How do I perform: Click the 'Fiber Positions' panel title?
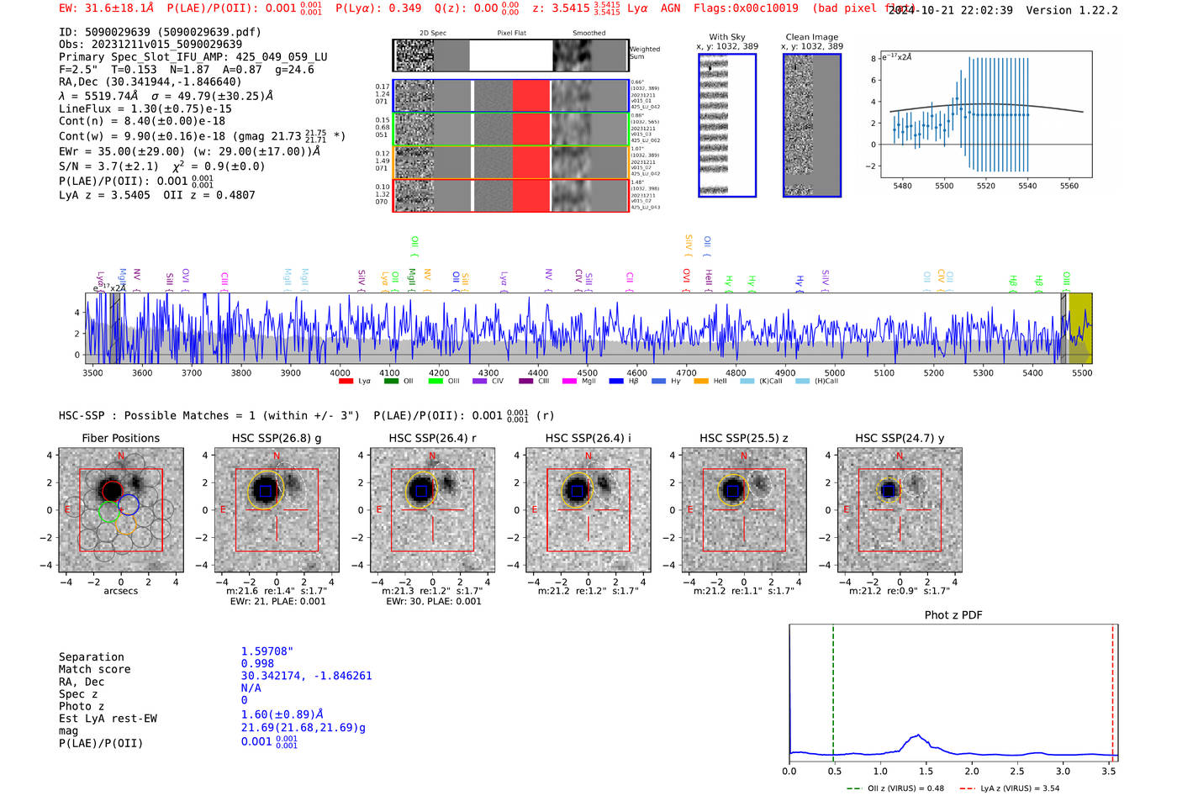120,438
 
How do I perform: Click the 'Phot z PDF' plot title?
953,615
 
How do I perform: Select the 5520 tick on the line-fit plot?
985,186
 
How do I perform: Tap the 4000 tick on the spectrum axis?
340,372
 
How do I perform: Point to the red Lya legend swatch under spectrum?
346,382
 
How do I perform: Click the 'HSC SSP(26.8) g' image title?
277,438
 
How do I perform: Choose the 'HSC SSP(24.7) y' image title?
900,438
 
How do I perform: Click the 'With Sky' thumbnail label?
727,37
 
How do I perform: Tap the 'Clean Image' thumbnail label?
812,37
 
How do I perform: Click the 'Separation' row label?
92,657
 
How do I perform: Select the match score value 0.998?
257,664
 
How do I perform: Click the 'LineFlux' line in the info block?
145,108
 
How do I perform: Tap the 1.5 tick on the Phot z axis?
926,771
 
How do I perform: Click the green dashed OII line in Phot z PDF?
833,689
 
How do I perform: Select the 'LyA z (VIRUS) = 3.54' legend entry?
1019,788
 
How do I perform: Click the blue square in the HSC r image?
421,491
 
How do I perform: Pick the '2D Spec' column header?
433,34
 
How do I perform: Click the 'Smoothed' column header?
588,34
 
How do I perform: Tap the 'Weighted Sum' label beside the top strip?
645,53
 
